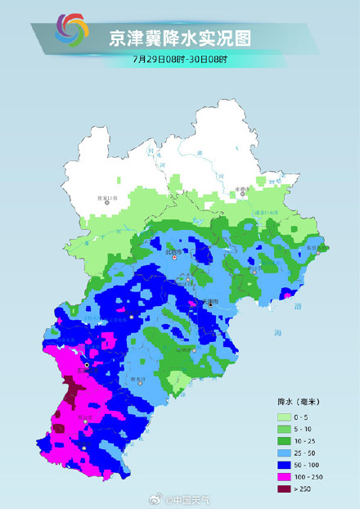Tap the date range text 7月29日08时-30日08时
coord(178,61)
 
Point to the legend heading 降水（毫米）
coord(302,402)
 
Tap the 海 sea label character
coord(278,333)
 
